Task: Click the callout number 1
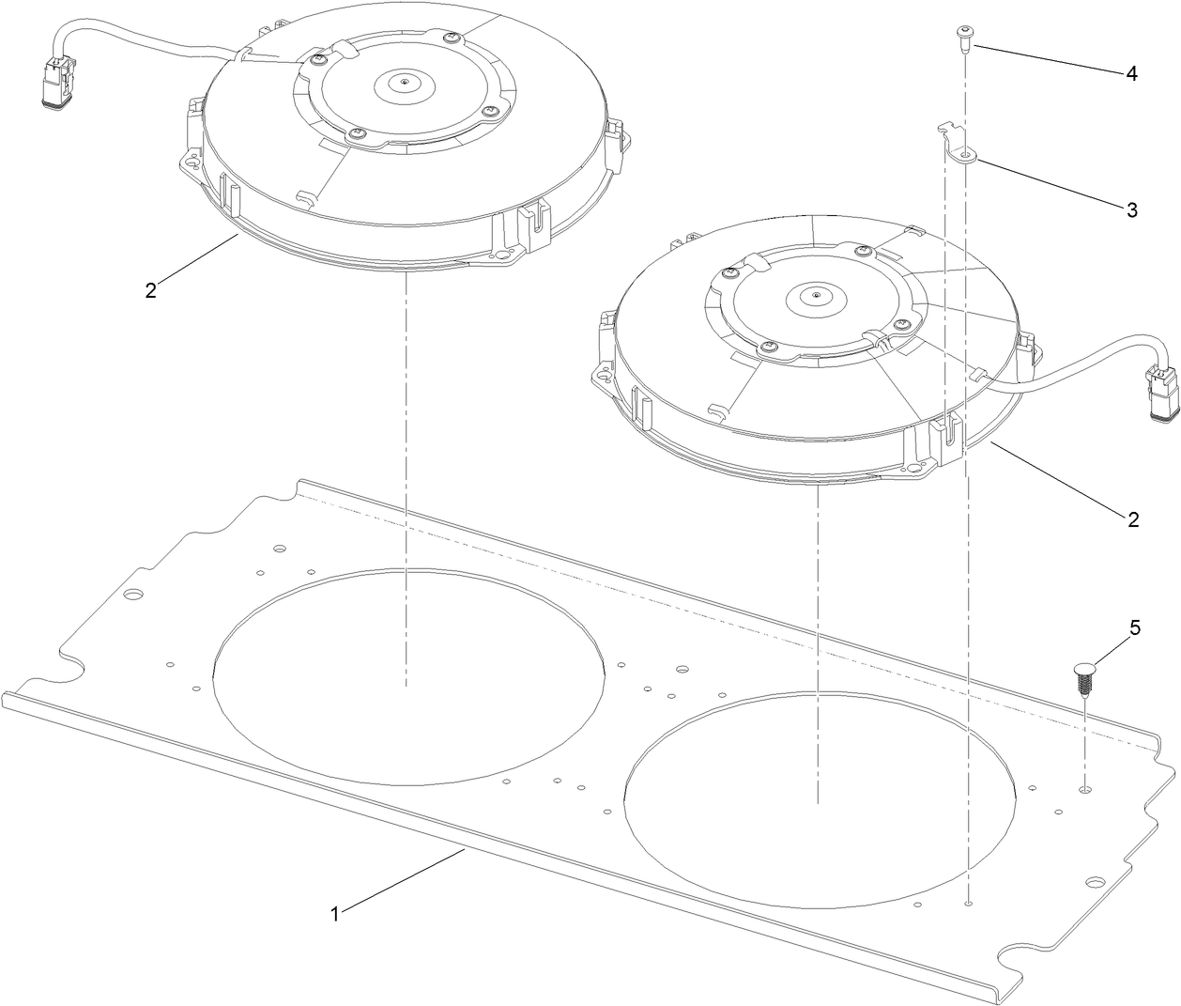(333, 912)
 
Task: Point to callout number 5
(1134, 628)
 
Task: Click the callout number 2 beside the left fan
(151, 289)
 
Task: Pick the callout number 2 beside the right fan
(1132, 518)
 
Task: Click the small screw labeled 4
(964, 36)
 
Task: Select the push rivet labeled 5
(1084, 677)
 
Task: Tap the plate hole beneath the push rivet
(1084, 791)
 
